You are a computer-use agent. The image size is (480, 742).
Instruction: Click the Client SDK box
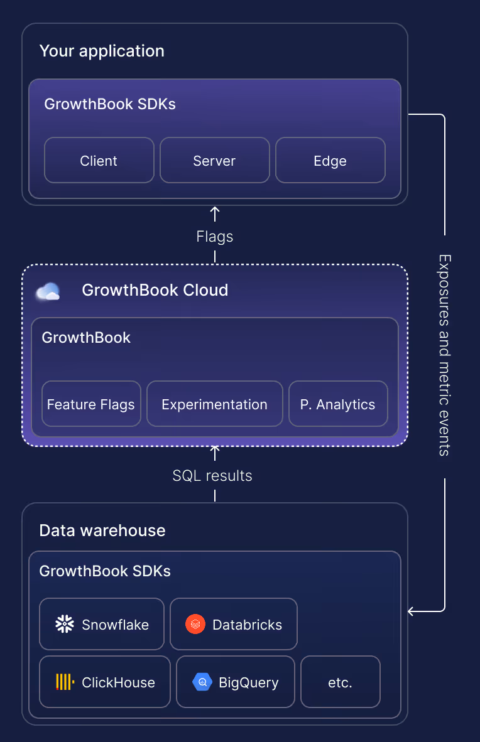[x=99, y=160]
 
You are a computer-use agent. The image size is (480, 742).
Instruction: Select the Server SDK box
[x=214, y=160]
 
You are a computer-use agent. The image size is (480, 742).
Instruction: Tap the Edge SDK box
[x=330, y=160]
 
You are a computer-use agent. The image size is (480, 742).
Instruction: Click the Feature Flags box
[x=91, y=404]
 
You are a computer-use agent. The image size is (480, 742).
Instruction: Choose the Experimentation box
[x=214, y=404]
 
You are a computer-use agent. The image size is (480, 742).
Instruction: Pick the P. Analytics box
[x=337, y=404]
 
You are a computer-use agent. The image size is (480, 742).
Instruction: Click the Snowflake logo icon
[x=65, y=624]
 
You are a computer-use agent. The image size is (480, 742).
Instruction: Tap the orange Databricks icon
[x=195, y=624]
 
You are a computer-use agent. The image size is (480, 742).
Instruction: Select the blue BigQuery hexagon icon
[x=202, y=682]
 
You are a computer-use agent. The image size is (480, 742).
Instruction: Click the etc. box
[x=340, y=682]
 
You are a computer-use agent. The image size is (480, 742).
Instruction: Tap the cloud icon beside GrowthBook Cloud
[x=48, y=291]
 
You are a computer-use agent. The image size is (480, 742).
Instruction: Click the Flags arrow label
[x=214, y=237]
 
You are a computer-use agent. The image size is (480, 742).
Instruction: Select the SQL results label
[x=212, y=476]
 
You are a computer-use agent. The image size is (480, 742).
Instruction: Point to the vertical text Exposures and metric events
[x=444, y=355]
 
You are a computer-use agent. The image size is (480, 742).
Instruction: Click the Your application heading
[x=102, y=51]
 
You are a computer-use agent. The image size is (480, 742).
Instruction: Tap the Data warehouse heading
[x=102, y=530]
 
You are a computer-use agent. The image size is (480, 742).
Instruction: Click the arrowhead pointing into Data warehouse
[x=412, y=611]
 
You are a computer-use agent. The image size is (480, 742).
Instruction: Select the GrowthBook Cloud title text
[x=155, y=290]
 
